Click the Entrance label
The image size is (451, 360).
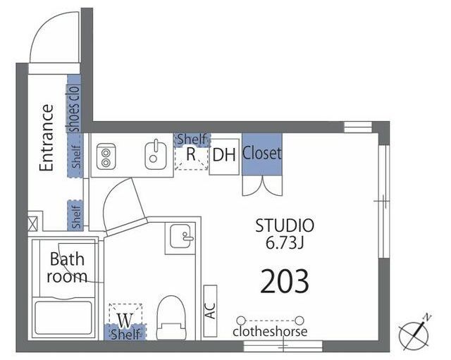click(x=47, y=138)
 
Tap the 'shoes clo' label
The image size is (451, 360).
click(x=73, y=108)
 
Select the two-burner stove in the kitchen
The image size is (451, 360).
click(x=106, y=156)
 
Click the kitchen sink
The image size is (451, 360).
click(x=156, y=156)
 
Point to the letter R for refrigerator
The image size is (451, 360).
click(x=191, y=154)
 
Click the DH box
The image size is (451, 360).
click(x=224, y=156)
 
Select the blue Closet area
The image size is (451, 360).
click(x=261, y=154)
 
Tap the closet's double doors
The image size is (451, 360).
click(x=262, y=186)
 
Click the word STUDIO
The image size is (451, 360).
click(x=285, y=225)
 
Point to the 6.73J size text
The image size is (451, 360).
click(x=285, y=243)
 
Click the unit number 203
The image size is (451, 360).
click(x=285, y=281)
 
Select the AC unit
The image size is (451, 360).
click(x=210, y=311)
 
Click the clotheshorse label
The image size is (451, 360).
click(x=270, y=332)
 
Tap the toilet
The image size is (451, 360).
click(x=171, y=318)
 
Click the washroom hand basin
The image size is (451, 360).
click(x=180, y=236)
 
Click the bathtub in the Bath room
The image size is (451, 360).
click(x=63, y=318)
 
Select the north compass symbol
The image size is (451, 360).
click(x=415, y=333)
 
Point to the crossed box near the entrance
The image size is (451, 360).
click(x=32, y=224)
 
